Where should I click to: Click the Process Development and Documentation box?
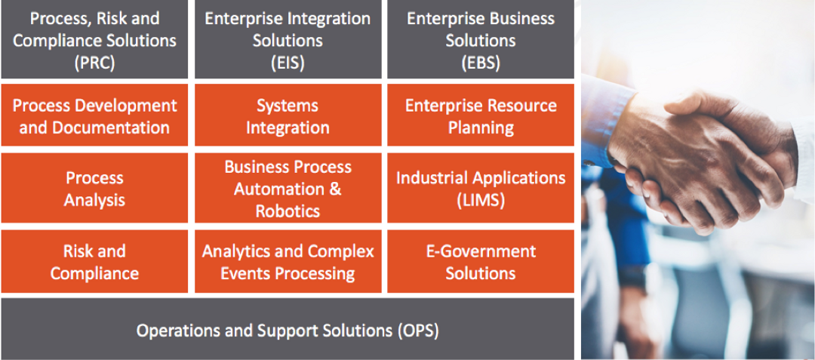[94, 115]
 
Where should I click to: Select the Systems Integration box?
[288, 115]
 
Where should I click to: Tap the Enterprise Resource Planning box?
[481, 115]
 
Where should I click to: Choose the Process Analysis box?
[94, 187]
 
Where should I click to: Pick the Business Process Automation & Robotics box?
[288, 187]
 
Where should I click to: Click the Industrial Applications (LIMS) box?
[481, 187]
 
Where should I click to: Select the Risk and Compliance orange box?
[94, 261]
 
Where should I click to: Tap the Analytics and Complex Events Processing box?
[288, 261]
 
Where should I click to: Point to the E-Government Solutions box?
[481, 261]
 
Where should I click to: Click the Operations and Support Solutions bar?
[288, 329]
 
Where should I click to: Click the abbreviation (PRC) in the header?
[94, 63]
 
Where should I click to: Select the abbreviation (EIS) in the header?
[288, 63]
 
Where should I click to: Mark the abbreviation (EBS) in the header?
[481, 63]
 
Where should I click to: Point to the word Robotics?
[288, 211]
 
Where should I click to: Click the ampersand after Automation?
[335, 189]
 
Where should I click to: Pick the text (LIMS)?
[481, 201]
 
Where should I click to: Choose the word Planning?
[481, 128]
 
